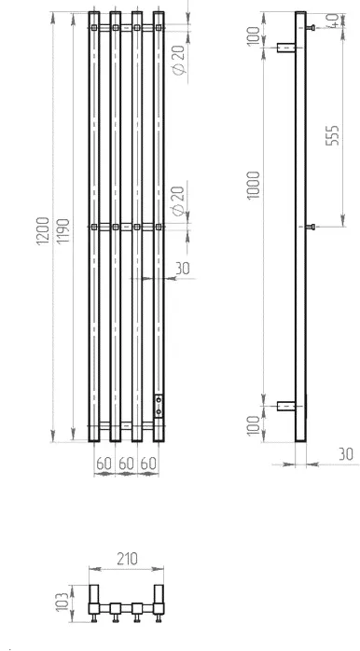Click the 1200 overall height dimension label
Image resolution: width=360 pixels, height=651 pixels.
[43, 231]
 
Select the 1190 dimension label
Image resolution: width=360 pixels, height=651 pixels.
[63, 231]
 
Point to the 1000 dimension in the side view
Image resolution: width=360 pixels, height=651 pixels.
[254, 186]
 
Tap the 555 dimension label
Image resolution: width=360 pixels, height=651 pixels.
[332, 135]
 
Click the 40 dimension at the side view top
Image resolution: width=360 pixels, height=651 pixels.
[333, 20]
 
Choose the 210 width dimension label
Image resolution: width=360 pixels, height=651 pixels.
[127, 559]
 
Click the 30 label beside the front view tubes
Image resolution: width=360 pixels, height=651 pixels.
[182, 269]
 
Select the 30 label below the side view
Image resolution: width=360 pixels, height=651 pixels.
[345, 454]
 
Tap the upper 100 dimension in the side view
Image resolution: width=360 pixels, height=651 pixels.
[254, 36]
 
